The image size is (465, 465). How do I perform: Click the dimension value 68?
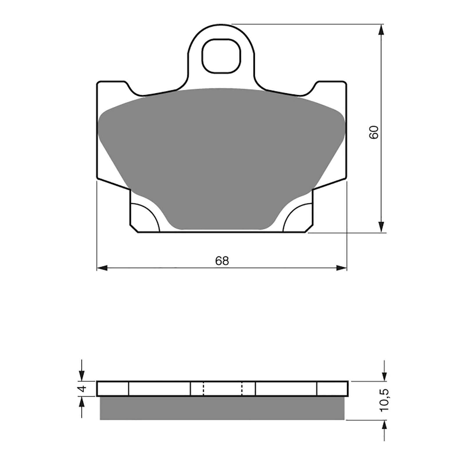(222, 261)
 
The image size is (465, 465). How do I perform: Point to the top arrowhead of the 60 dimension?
(381, 29)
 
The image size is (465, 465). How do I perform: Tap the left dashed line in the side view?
(203, 389)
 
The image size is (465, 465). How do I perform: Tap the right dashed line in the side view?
(242, 389)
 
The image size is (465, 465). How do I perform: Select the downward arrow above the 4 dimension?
(82, 375)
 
